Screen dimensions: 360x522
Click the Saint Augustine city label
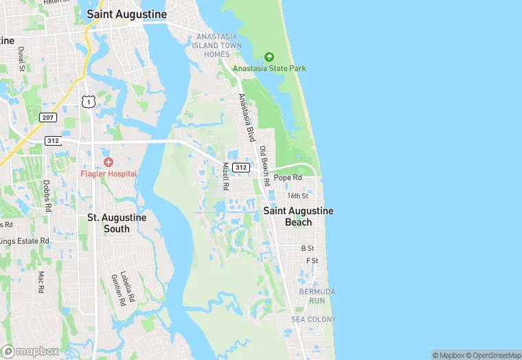(127, 14)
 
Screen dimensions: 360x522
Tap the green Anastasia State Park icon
(269, 56)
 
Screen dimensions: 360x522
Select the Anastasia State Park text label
(269, 69)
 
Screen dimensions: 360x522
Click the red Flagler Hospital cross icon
(109, 161)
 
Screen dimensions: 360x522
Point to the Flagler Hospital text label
(109, 173)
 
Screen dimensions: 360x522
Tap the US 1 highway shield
(87, 102)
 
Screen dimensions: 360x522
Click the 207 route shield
(47, 117)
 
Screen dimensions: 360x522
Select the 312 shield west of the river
(53, 140)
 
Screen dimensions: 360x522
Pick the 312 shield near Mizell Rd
(240, 167)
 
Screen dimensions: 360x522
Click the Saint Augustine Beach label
(298, 216)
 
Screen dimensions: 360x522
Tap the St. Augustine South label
(117, 223)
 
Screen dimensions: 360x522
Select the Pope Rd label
(288, 177)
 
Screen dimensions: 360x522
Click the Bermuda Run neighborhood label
(317, 296)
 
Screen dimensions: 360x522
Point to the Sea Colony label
(314, 319)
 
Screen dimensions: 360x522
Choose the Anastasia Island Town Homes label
(218, 45)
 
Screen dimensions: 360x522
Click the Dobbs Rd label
(47, 196)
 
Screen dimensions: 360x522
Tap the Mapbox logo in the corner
(30, 351)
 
